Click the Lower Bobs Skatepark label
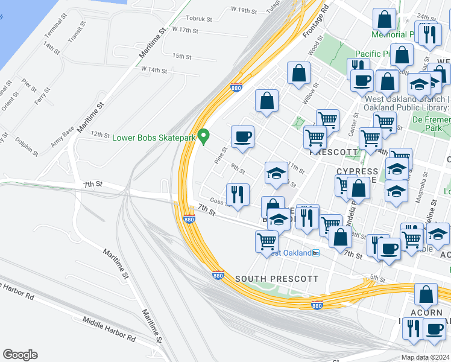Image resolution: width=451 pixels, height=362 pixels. [155, 138]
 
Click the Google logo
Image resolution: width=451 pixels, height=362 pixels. [20, 355]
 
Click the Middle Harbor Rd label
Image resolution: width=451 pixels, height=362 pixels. [109, 329]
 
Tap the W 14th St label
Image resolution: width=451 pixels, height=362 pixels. [154, 70]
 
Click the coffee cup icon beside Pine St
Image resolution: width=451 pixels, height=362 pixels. [242, 136]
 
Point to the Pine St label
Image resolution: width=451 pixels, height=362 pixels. [220, 155]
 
